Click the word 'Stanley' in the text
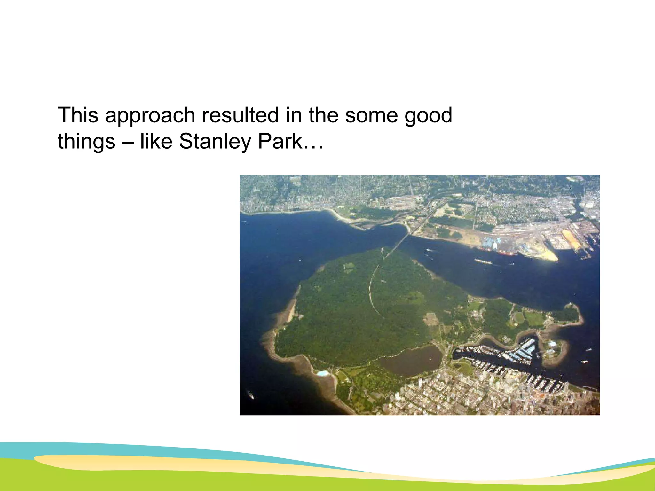[215, 141]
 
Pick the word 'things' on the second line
[86, 141]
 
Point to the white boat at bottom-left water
[250, 395]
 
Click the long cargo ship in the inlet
[483, 261]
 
